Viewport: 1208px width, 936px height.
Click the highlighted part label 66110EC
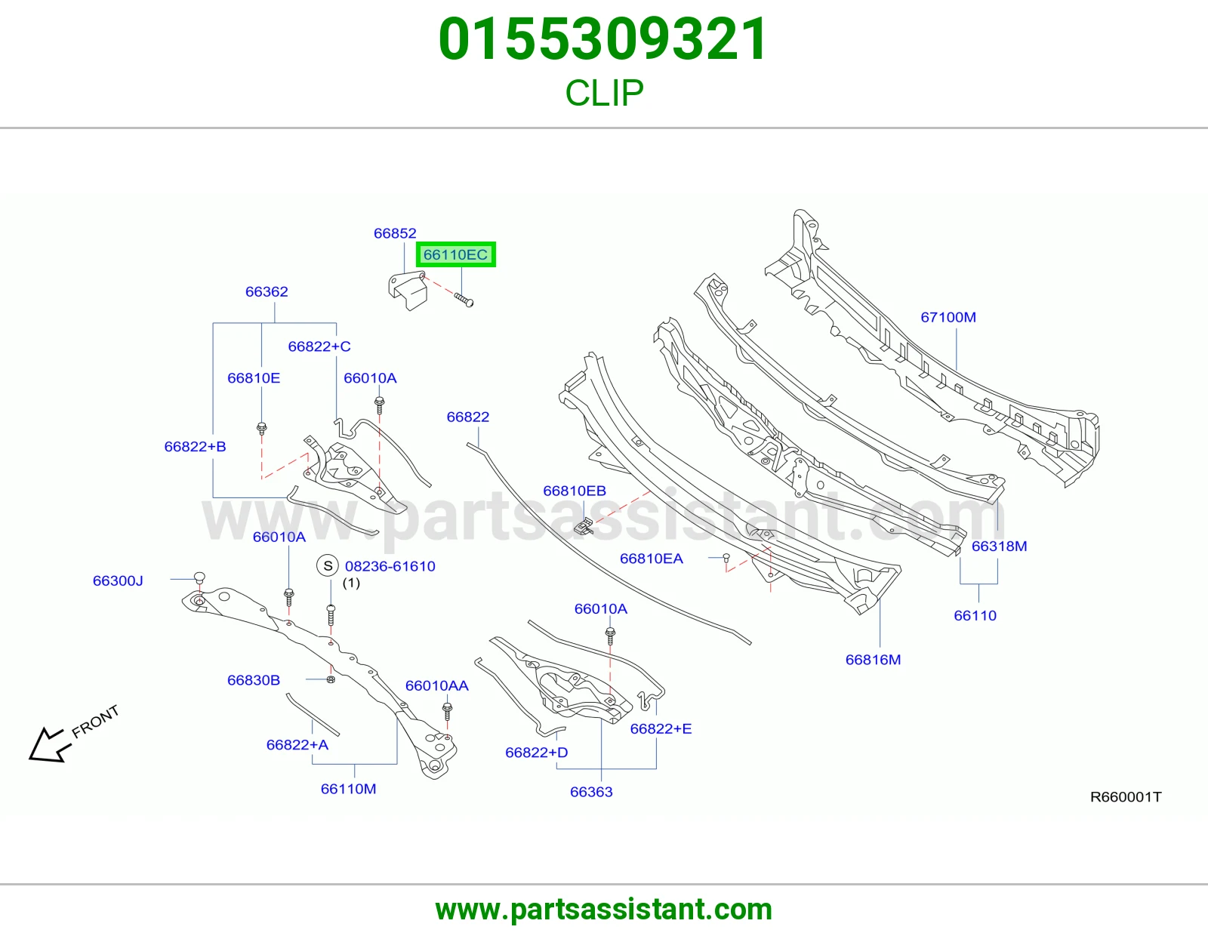pos(455,254)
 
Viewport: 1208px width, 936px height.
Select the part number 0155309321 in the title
pos(603,39)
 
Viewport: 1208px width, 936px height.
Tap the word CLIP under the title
pos(604,93)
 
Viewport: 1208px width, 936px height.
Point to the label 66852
pos(395,233)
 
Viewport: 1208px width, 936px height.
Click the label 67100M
pos(948,317)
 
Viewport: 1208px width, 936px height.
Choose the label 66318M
pos(999,547)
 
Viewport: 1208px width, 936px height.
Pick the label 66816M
pos(873,660)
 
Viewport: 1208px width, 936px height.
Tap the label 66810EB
pos(575,491)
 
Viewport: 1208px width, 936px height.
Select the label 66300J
pos(118,580)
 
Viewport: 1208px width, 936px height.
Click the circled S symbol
pos(328,566)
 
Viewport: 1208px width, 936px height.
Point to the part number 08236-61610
pos(390,566)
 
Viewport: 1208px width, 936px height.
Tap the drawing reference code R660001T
pos(1126,797)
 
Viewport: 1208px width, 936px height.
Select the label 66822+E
pos(661,728)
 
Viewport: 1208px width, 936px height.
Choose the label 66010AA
pos(436,686)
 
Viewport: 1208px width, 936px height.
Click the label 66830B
pos(254,680)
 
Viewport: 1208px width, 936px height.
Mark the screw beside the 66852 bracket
pos(464,300)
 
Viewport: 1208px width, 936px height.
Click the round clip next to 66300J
pos(199,578)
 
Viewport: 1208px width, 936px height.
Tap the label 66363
pos(591,792)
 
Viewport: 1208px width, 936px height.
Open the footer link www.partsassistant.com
pos(604,910)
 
